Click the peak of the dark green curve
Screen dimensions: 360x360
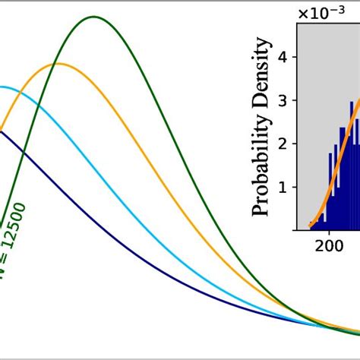click(94, 17)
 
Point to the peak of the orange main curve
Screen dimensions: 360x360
click(58, 64)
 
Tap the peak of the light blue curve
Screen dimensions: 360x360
click(5, 87)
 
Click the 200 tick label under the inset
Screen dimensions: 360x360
click(328, 245)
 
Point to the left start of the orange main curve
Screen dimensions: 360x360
click(1, 129)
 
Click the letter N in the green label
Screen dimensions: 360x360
click(4, 273)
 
